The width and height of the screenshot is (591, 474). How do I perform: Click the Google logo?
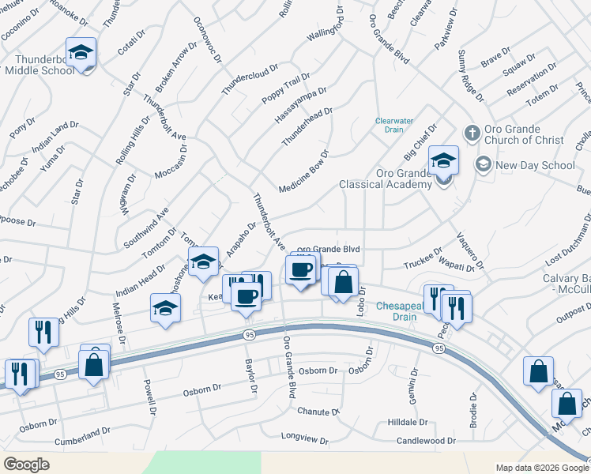pyautogui.click(x=27, y=465)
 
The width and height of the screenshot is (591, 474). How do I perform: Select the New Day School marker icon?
pyautogui.click(x=483, y=164)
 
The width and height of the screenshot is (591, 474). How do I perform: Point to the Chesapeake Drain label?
pyautogui.click(x=395, y=310)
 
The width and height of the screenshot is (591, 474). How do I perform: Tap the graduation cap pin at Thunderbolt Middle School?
pyautogui.click(x=81, y=53)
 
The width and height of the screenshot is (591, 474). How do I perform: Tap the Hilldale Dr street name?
pyautogui.click(x=407, y=423)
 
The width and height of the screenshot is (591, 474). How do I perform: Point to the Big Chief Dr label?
pyautogui.click(x=421, y=141)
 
